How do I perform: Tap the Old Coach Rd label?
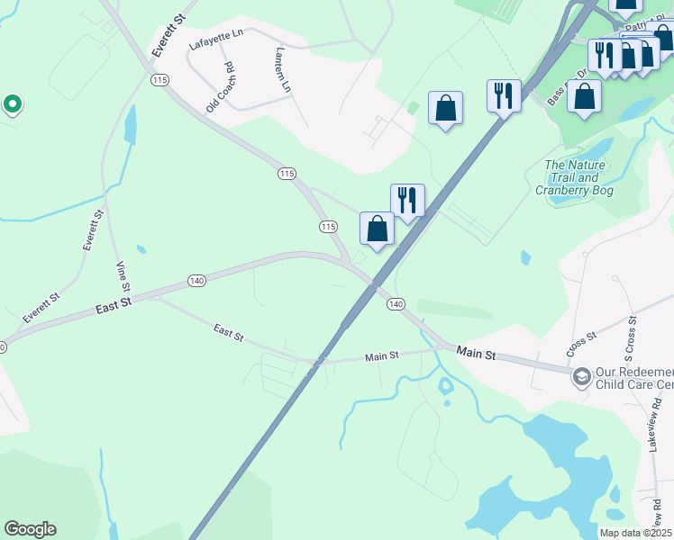pyautogui.click(x=219, y=87)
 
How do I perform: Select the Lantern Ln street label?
pyautogui.click(x=283, y=69)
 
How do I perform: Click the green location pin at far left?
pyautogui.click(x=12, y=105)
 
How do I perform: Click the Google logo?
pyautogui.click(x=30, y=529)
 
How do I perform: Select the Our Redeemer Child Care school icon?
pyautogui.click(x=582, y=375)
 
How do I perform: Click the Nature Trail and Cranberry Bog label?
pyautogui.click(x=575, y=177)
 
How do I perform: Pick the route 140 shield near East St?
pyautogui.click(x=197, y=281)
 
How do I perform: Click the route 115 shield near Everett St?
pyautogui.click(x=160, y=80)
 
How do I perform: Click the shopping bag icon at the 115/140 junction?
pyautogui.click(x=378, y=229)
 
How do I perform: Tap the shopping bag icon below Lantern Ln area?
pyautogui.click(x=445, y=108)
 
